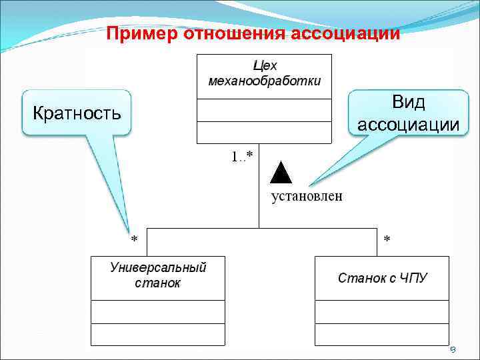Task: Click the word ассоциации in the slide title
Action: tap(355, 33)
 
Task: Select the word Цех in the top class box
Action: tap(265, 66)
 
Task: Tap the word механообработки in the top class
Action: tap(265, 81)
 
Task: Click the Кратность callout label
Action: tap(77, 112)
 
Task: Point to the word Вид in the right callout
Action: tap(408, 103)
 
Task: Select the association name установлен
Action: tap(306, 195)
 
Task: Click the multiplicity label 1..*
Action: tap(242, 157)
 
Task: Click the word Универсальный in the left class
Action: tap(158, 268)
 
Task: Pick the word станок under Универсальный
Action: tap(157, 283)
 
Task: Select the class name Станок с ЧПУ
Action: tap(382, 277)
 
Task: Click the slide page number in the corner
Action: tap(451, 349)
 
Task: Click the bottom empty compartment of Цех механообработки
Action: tap(265, 132)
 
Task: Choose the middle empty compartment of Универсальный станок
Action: tap(158, 311)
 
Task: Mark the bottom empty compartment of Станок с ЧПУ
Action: tap(382, 334)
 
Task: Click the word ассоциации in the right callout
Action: tap(408, 125)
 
